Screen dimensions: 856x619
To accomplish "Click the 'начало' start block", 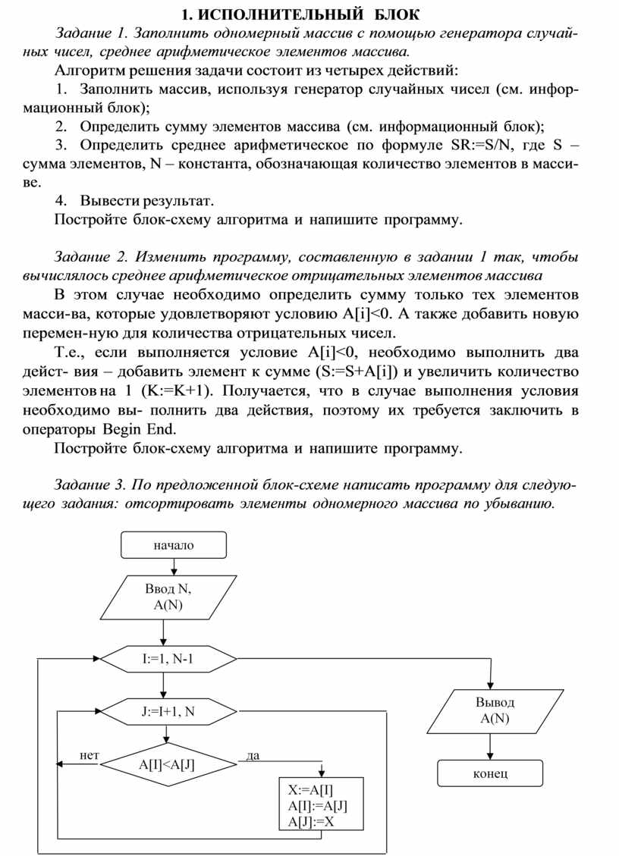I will point(173,545).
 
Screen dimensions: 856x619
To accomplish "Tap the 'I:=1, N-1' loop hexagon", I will point(168,658).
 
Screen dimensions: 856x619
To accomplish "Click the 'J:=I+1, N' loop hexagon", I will point(168,711).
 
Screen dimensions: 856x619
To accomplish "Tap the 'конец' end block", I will point(490,773).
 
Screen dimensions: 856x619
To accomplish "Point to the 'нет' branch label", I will point(90,755).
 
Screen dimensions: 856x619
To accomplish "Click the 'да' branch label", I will point(253,755).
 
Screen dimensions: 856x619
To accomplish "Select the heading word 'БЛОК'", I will point(395,14).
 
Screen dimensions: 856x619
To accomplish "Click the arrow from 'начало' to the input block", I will point(174,567).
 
